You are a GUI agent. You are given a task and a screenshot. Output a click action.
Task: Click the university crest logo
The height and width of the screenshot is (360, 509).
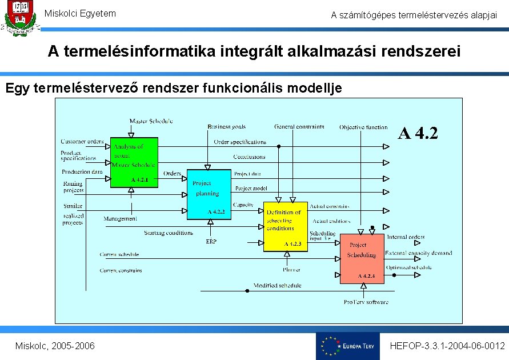point(19,19)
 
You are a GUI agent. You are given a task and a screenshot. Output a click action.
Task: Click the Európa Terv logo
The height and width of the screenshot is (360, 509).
point(347,346)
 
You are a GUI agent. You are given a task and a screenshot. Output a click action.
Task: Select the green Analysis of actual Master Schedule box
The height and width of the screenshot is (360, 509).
point(134,162)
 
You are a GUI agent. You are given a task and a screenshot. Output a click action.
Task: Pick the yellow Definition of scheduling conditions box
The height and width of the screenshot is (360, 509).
point(285,226)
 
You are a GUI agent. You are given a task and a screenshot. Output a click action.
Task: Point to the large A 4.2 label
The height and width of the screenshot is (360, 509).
point(418,134)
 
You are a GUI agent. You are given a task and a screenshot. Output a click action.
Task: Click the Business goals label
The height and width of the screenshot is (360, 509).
point(227,127)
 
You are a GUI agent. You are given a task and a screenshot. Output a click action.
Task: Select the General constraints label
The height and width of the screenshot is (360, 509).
point(299,127)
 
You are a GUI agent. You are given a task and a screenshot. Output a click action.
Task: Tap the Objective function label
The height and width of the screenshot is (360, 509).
point(363,127)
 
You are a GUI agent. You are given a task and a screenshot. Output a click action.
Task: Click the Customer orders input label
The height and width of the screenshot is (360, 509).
point(82,141)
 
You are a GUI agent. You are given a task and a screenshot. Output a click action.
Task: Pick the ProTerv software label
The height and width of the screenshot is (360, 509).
point(366,302)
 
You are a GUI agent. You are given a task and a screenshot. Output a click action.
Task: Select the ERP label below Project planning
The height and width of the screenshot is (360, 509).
point(211,241)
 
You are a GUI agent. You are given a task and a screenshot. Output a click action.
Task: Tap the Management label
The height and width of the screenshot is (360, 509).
point(120,219)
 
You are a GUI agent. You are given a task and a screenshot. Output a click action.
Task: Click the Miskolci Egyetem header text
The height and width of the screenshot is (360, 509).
point(80,13)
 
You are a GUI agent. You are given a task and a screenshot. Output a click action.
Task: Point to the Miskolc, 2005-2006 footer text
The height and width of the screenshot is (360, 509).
point(55,346)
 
